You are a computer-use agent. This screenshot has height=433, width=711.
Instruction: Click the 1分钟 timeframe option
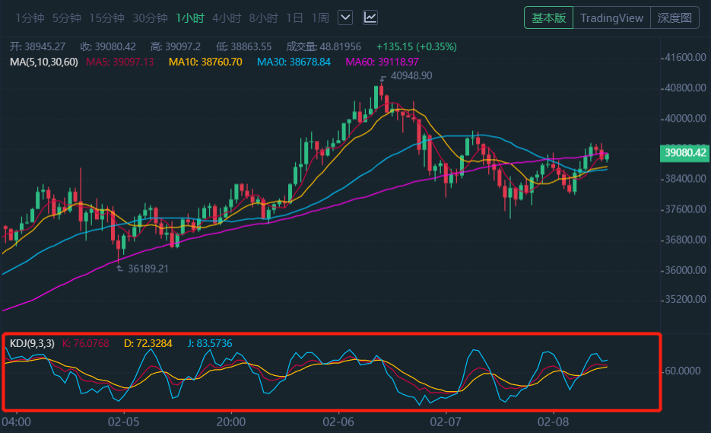30,18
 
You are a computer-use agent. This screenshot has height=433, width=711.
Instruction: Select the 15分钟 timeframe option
106,18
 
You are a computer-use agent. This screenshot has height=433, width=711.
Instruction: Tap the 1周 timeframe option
320,18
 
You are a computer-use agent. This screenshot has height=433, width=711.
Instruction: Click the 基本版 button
548,18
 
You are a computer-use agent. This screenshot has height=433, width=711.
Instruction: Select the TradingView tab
611,18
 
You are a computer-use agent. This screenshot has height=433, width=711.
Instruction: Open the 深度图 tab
674,18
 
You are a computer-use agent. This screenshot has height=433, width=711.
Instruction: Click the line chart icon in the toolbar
370,18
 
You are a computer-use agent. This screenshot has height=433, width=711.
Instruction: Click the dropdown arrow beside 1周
344,18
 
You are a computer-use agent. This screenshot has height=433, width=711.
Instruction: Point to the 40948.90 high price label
411,76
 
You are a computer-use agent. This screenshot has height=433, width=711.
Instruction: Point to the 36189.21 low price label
148,269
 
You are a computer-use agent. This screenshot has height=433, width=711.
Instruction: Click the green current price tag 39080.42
685,153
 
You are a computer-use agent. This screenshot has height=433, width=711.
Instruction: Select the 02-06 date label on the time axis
339,422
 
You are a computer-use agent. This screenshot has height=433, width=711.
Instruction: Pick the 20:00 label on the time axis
231,422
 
